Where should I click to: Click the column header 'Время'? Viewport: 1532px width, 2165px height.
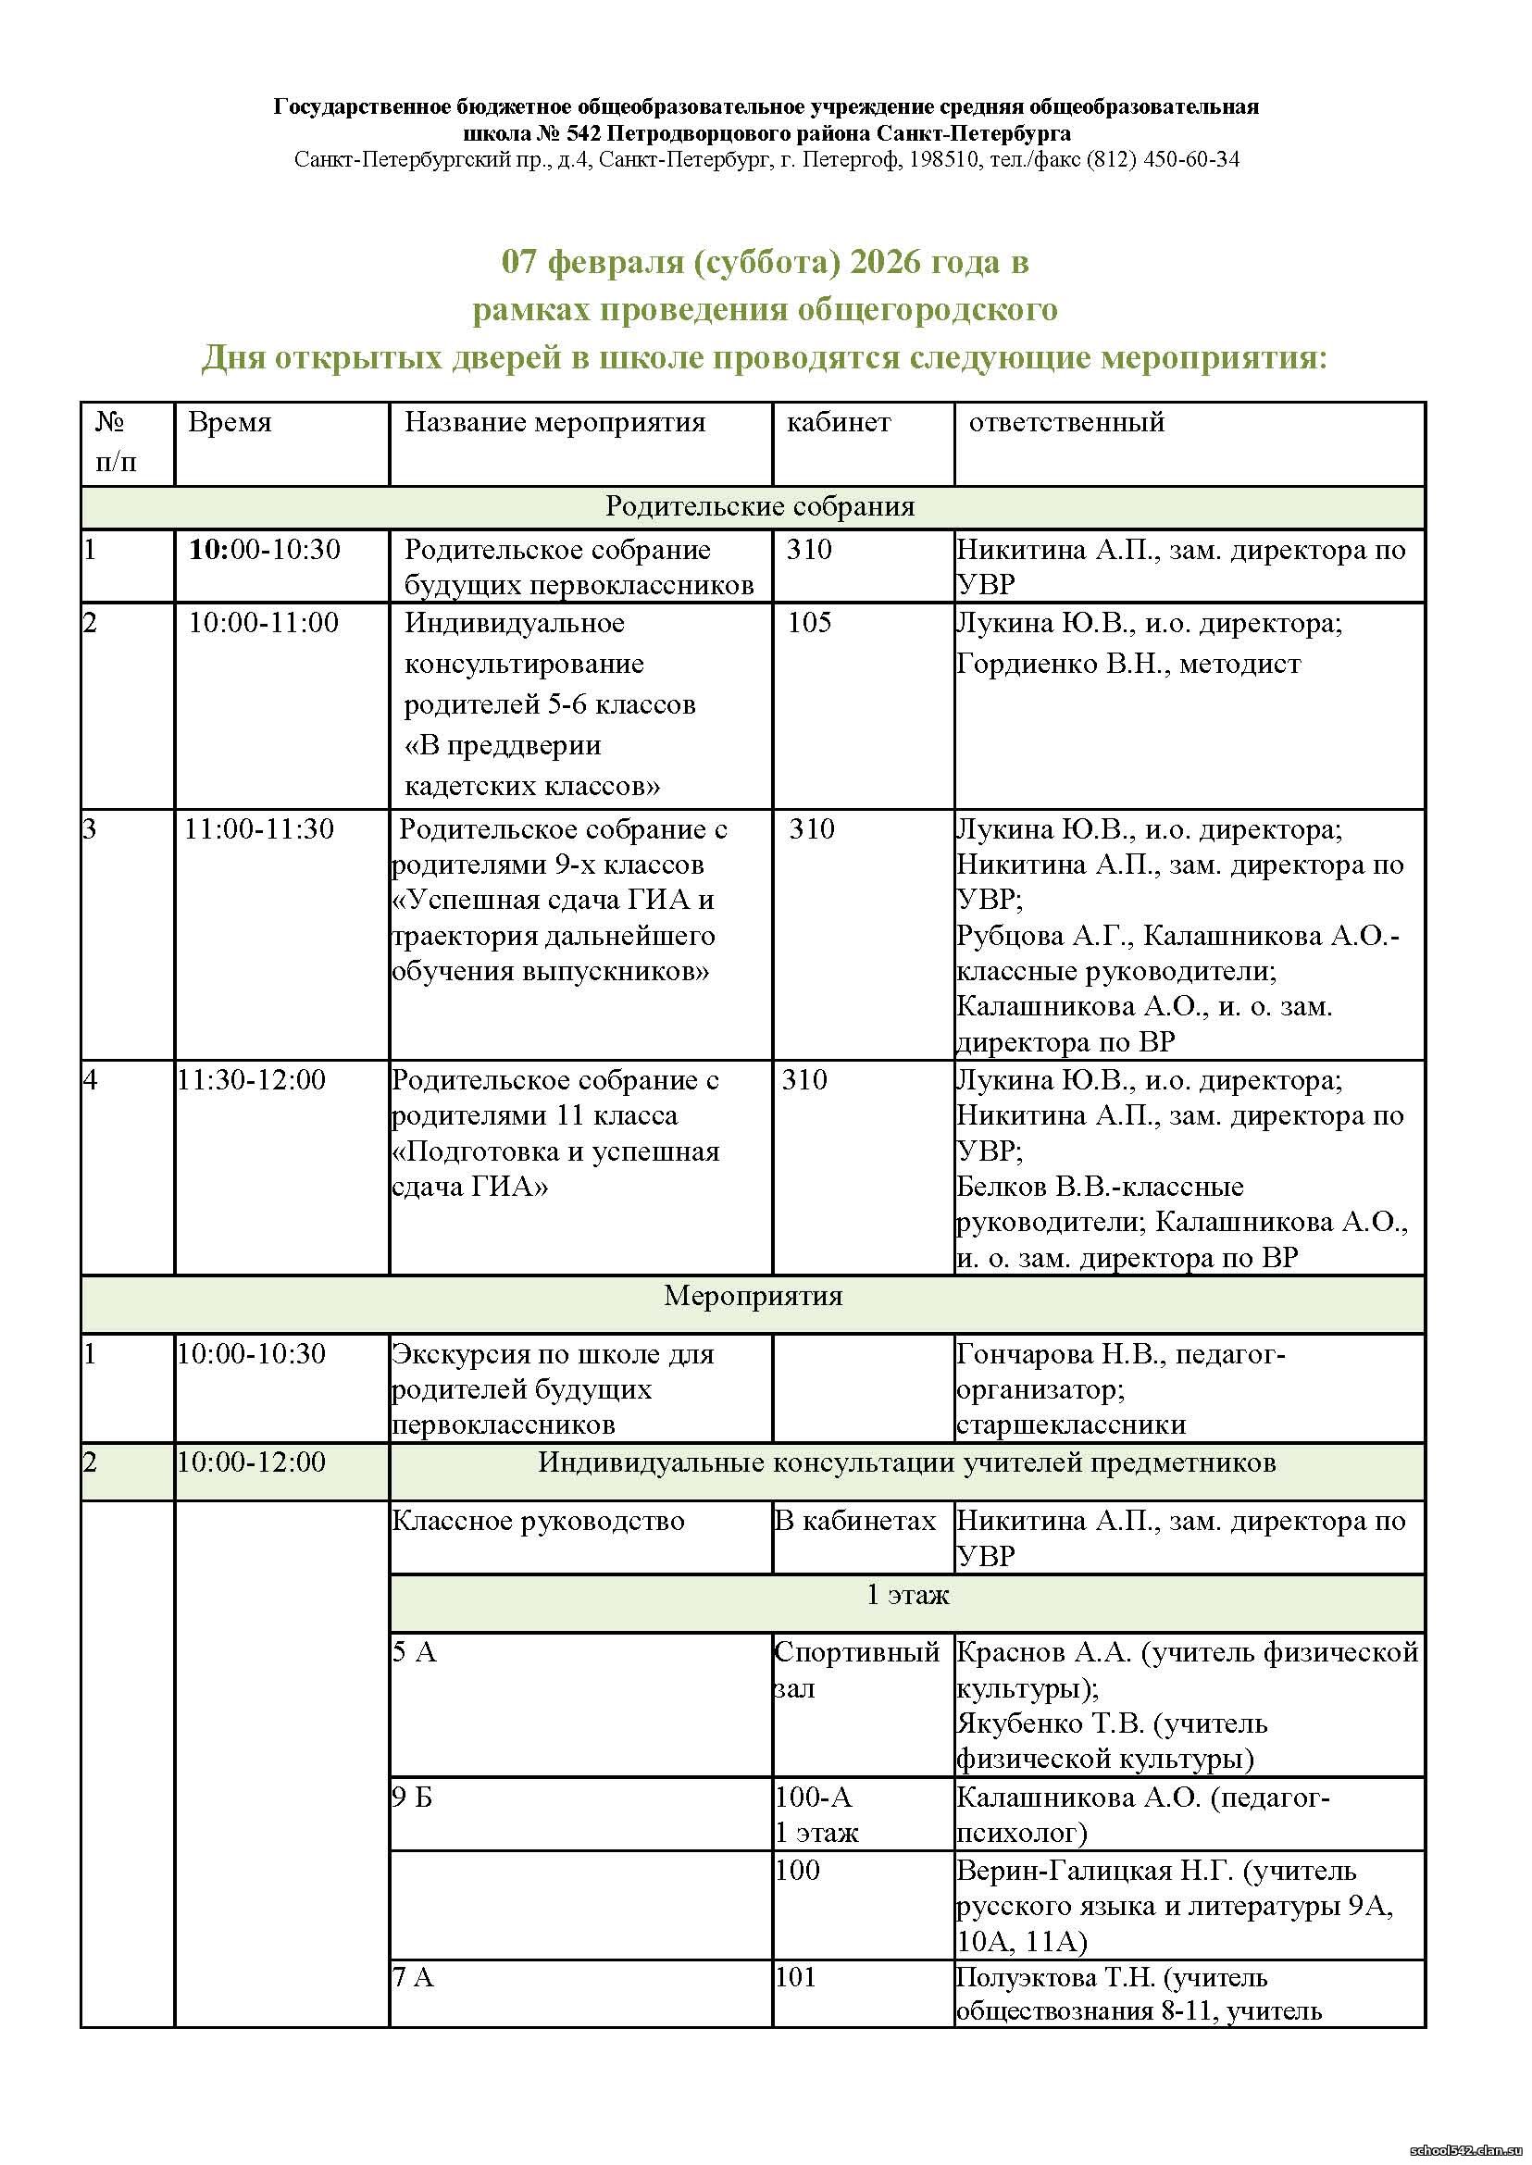click(230, 422)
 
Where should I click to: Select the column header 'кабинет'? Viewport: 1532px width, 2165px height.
click(838, 422)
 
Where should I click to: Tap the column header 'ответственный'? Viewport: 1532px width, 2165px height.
click(1066, 422)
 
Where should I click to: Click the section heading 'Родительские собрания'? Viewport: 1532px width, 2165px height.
click(759, 506)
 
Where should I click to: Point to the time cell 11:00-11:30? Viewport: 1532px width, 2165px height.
click(258, 829)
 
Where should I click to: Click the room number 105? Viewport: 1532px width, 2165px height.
click(809, 623)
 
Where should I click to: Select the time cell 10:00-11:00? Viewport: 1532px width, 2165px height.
click(263, 623)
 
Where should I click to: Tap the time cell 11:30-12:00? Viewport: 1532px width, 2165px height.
click(251, 1079)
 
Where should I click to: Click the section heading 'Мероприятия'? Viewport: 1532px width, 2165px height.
click(753, 1296)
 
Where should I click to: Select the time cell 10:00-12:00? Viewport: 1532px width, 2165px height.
click(251, 1462)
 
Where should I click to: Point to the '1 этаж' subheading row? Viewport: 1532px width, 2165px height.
click(907, 1594)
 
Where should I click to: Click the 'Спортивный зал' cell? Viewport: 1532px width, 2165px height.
click(855, 1671)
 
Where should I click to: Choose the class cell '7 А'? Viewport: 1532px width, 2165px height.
click(412, 1977)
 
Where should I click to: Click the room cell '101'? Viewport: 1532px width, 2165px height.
click(794, 1977)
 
